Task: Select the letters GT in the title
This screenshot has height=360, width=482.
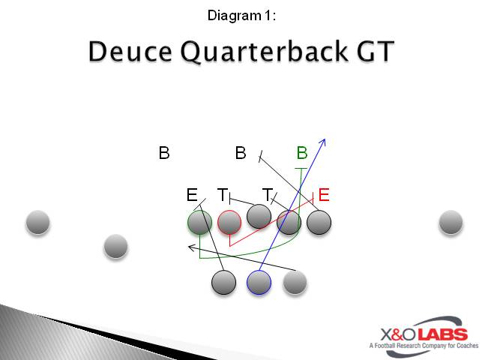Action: pos(373,52)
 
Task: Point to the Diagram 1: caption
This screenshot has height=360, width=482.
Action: pos(241,15)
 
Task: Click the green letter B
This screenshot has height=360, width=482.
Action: pos(302,153)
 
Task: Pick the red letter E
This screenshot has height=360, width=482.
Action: pos(324,195)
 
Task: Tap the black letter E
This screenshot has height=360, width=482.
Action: pos(191,196)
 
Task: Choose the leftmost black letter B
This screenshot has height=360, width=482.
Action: pos(164,153)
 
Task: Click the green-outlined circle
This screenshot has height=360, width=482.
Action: pos(199,222)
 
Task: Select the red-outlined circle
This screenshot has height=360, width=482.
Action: pos(229,222)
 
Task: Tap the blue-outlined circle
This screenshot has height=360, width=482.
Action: pos(259,282)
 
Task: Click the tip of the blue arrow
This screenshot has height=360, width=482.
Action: pos(325,139)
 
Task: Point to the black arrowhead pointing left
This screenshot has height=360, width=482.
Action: pos(190,246)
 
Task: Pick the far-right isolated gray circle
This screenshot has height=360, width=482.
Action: pos(451,221)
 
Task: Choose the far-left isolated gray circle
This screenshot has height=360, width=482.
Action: pos(37,222)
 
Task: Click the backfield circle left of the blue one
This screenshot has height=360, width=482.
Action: pos(223,282)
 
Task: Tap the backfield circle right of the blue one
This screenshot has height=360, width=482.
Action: pos(295,282)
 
